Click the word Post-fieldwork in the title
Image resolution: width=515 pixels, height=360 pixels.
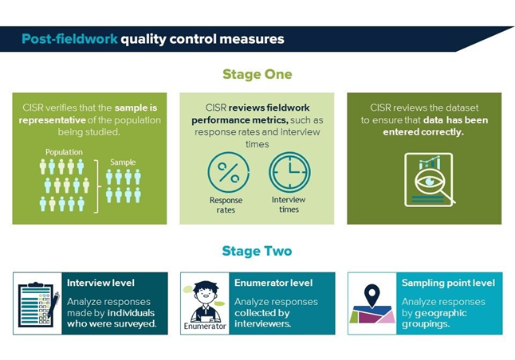[x=69, y=39]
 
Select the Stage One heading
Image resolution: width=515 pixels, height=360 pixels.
[x=257, y=74]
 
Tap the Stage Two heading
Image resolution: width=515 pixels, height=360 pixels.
[x=257, y=251]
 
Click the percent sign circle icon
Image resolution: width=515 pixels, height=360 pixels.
[x=228, y=172]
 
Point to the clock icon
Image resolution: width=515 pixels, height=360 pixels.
[x=289, y=172]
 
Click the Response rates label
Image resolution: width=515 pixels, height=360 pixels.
[x=226, y=205]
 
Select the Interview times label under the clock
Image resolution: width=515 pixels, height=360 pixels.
[x=289, y=205]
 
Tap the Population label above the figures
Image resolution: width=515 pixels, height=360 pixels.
[x=64, y=152]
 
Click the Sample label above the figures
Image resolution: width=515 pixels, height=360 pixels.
[x=123, y=162]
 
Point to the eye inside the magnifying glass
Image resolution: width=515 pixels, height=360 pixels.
[x=430, y=182]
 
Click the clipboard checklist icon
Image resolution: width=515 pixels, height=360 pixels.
[x=38, y=304]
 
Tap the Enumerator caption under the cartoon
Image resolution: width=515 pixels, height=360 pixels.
[x=205, y=326]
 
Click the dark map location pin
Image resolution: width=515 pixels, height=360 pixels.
[x=372, y=294]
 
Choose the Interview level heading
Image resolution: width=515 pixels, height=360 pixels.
[x=100, y=283]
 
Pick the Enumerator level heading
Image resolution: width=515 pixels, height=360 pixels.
[x=273, y=283]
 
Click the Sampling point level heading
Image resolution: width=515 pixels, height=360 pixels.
[x=448, y=283]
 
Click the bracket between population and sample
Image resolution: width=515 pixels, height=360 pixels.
[x=97, y=186]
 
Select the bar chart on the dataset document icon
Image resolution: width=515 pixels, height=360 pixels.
[x=430, y=163]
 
